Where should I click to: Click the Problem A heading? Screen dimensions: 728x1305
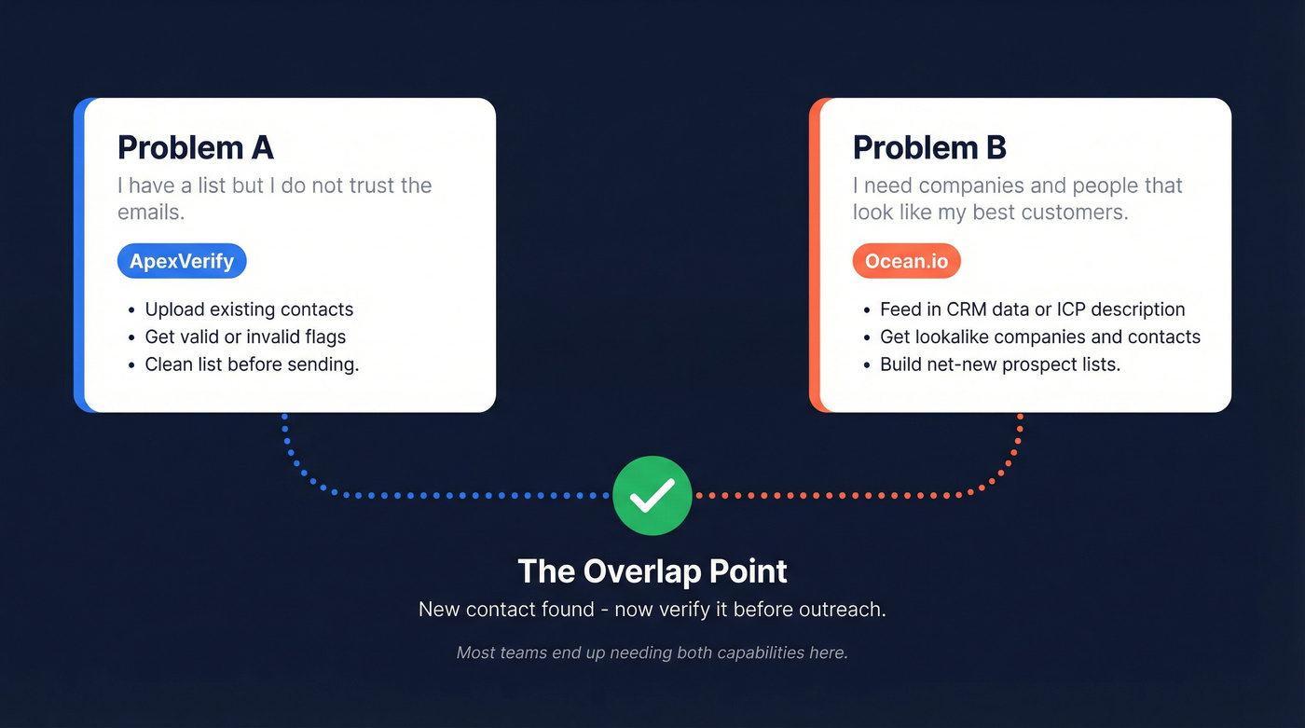(195, 147)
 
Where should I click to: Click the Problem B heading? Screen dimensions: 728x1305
(929, 147)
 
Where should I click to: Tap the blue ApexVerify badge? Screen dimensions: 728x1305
(182, 261)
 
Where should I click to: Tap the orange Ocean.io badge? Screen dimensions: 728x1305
(906, 261)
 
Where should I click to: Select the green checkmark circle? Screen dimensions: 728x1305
(652, 495)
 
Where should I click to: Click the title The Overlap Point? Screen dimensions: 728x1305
(652, 570)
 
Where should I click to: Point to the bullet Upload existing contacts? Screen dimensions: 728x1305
(249, 309)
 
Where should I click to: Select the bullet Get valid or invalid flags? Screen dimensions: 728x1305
(245, 337)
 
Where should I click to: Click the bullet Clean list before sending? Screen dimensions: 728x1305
(252, 364)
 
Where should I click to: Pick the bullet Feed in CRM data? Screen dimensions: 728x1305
(1032, 309)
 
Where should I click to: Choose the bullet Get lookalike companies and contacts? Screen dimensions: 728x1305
(1039, 337)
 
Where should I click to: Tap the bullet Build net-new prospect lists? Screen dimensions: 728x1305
(999, 364)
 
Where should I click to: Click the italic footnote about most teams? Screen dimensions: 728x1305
(652, 652)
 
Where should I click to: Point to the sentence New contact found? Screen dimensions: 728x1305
(652, 610)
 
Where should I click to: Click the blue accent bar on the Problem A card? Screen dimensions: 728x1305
(79, 254)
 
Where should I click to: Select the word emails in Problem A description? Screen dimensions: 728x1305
(149, 212)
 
